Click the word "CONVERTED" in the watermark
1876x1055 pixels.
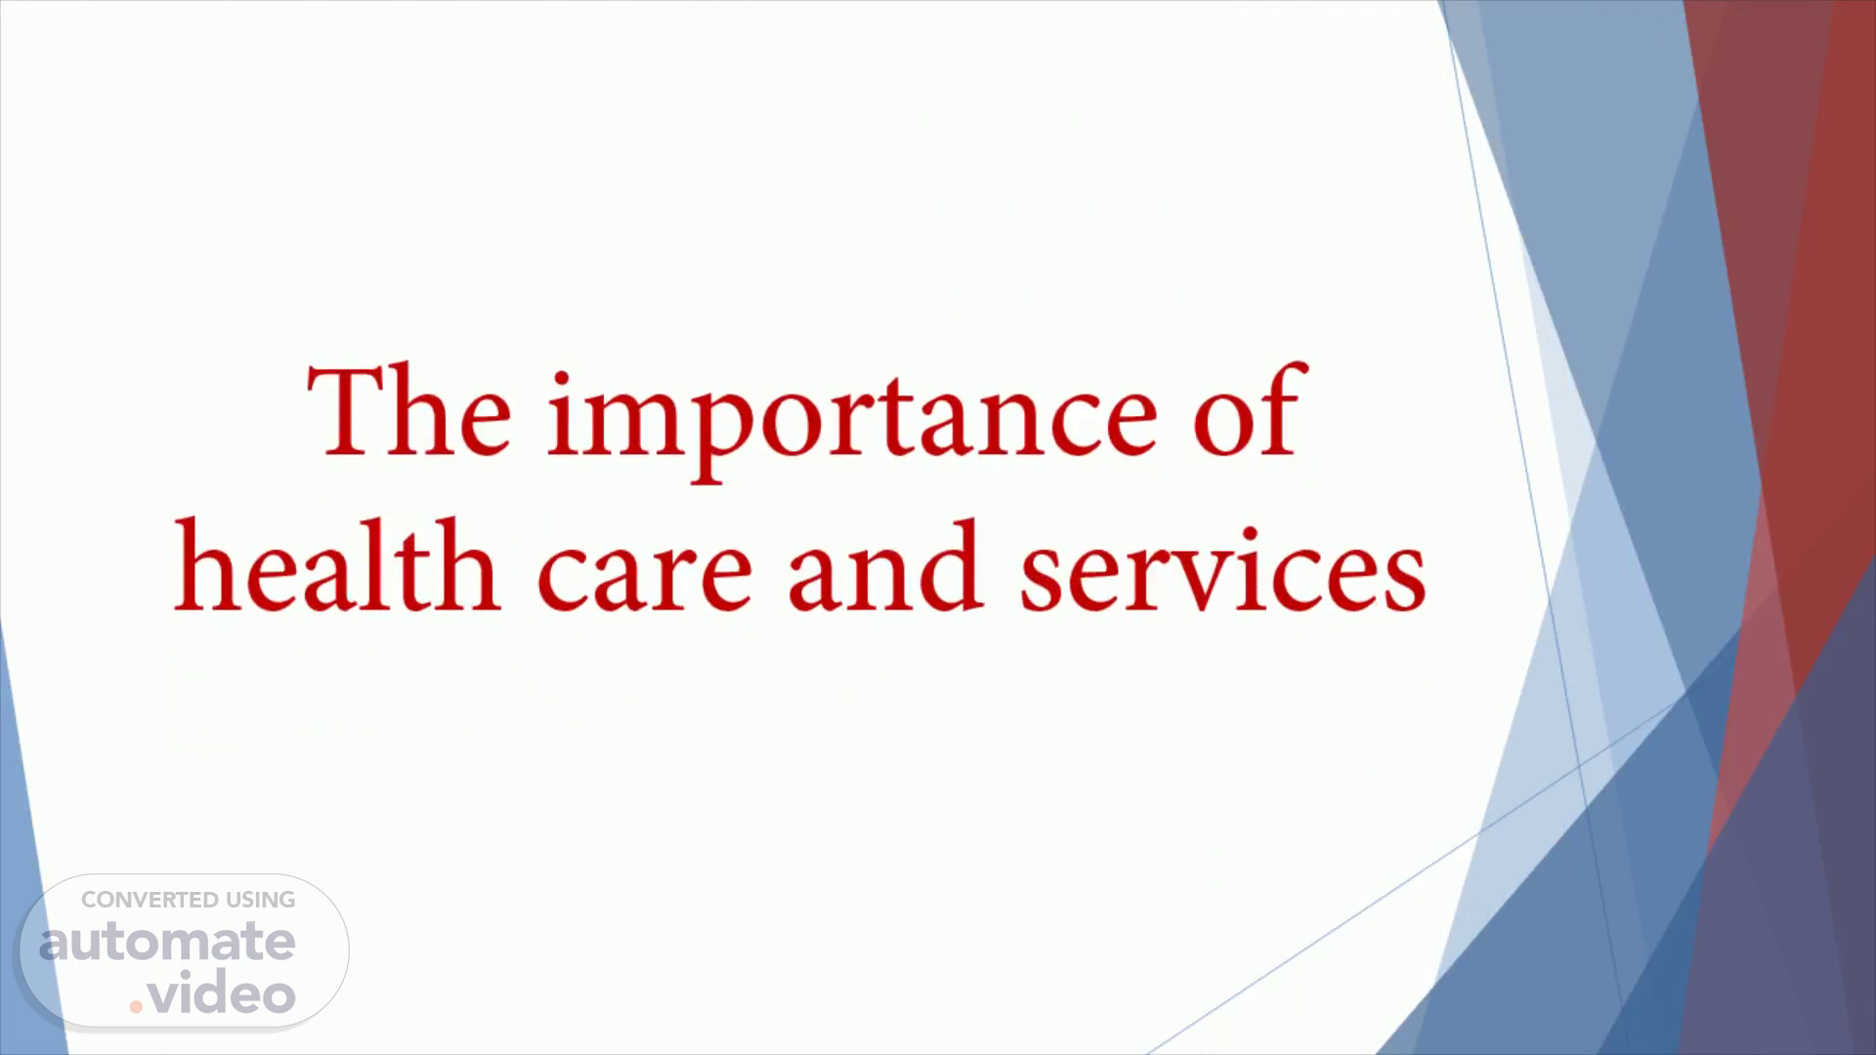click(x=149, y=900)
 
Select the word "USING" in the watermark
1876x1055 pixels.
click(x=261, y=900)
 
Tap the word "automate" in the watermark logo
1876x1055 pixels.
click(x=167, y=942)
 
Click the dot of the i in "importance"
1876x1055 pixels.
click(x=563, y=379)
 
